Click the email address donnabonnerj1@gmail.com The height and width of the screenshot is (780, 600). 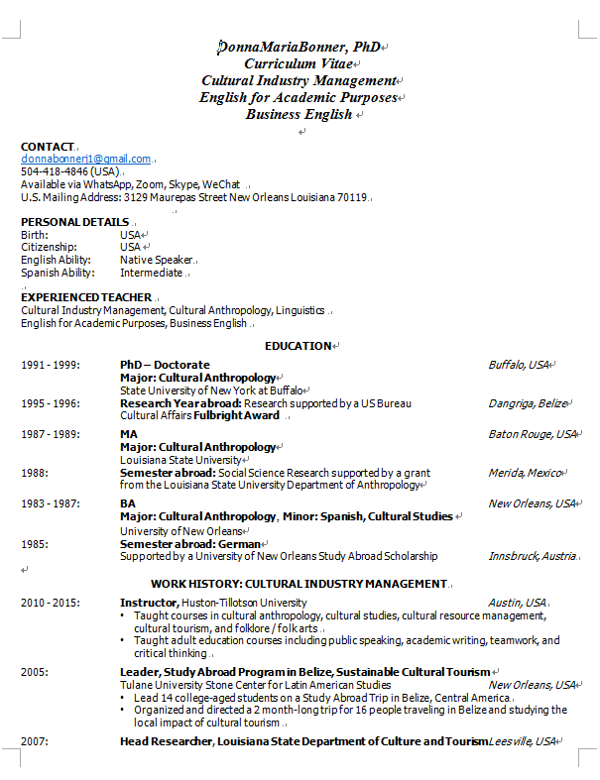(x=86, y=159)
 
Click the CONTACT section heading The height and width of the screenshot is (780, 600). (x=48, y=147)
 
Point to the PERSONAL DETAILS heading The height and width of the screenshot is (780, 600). (x=74, y=221)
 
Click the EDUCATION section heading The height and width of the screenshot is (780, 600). (x=298, y=346)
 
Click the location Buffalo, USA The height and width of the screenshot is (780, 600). (x=519, y=365)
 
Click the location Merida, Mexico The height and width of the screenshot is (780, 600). (x=525, y=473)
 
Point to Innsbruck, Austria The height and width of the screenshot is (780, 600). (x=532, y=556)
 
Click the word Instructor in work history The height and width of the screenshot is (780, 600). (x=149, y=603)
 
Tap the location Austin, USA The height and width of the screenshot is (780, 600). (x=517, y=603)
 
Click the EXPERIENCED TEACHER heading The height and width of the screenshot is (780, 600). (x=86, y=297)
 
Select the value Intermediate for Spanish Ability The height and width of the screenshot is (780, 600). (x=152, y=273)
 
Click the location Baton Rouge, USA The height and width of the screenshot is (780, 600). (x=532, y=434)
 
